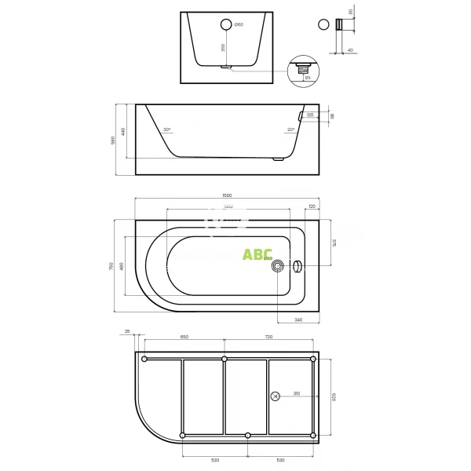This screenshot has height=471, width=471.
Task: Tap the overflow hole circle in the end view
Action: tap(227, 24)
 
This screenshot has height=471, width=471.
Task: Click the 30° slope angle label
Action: tap(166, 130)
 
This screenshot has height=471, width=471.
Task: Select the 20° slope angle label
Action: tap(290, 130)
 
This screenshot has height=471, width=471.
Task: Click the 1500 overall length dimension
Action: tap(228, 195)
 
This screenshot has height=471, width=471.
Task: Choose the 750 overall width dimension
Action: tap(112, 267)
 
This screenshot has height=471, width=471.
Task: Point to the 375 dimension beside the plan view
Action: tap(334, 243)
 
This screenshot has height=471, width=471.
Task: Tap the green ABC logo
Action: tap(257, 254)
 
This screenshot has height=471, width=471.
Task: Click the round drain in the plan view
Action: tap(277, 266)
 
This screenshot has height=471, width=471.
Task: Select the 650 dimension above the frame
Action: tap(184, 337)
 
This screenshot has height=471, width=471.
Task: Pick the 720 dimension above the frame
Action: tap(268, 337)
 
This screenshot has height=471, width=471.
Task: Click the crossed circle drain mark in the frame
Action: tap(276, 396)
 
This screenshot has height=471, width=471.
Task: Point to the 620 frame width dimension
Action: tap(334, 396)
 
